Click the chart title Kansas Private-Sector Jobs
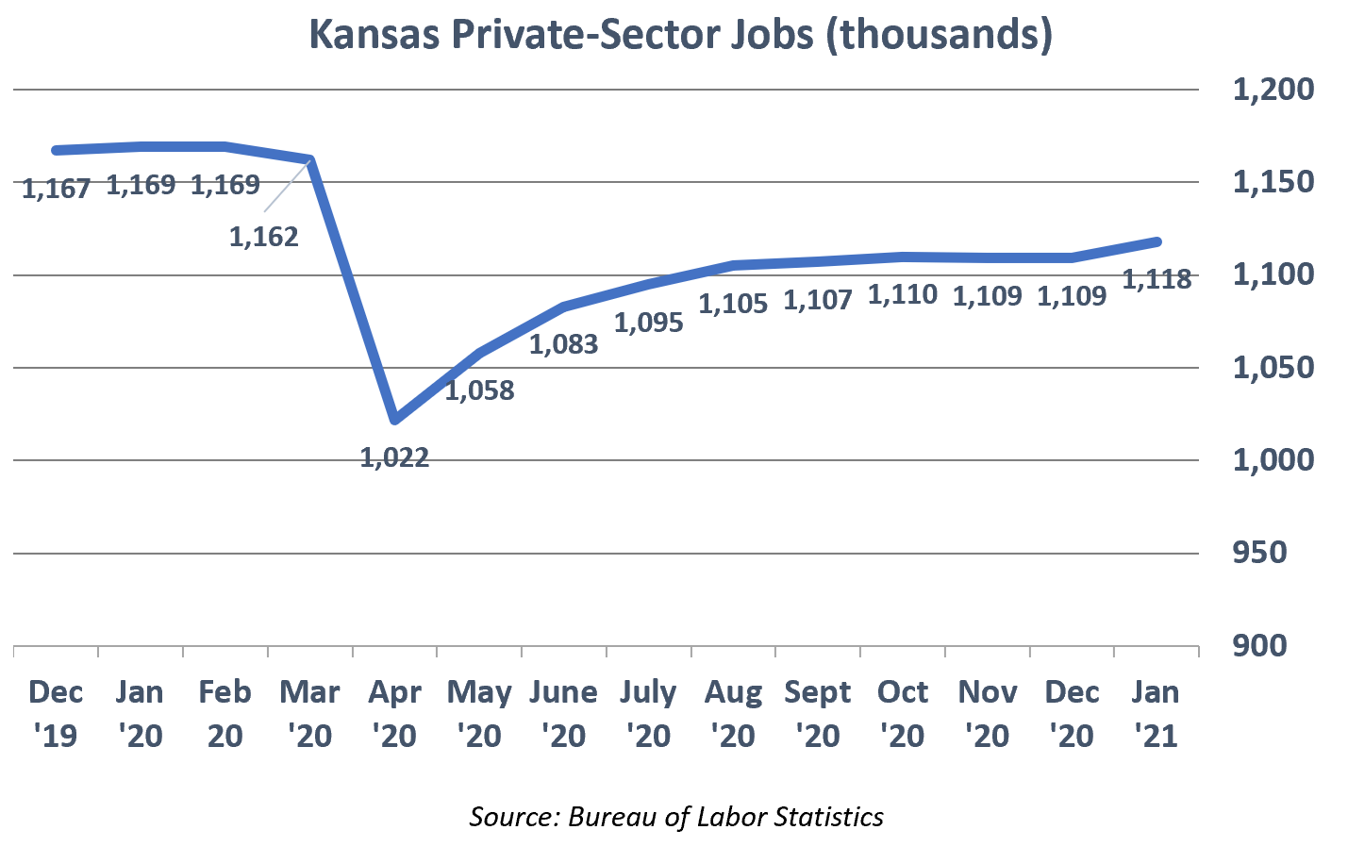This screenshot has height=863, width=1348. click(x=680, y=35)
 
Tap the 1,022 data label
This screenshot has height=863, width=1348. click(x=394, y=457)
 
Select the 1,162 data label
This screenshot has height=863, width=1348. click(x=264, y=236)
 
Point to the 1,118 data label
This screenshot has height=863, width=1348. click(x=1157, y=279)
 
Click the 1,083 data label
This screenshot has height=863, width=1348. click(x=563, y=344)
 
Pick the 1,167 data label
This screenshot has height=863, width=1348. click(x=56, y=188)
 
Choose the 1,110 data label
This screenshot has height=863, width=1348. click(x=903, y=294)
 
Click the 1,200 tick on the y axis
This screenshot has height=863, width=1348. click(x=1273, y=90)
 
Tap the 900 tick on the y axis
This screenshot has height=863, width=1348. click(x=1259, y=646)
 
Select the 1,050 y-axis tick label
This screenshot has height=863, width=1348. click(x=1273, y=368)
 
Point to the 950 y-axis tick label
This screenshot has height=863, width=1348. click(x=1259, y=553)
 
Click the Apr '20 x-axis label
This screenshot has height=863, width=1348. click(x=394, y=713)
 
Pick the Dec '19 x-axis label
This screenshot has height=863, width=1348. click(x=56, y=713)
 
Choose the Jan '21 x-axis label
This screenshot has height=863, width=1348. click(x=1156, y=713)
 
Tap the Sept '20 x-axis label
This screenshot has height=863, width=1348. click(x=818, y=713)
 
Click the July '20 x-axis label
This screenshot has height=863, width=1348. click(x=648, y=713)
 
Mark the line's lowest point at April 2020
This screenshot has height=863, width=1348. click(x=396, y=419)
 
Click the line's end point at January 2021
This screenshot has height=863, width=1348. click(x=1157, y=242)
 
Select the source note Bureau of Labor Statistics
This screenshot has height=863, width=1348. click(x=676, y=816)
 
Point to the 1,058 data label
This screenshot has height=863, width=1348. click(x=479, y=390)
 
